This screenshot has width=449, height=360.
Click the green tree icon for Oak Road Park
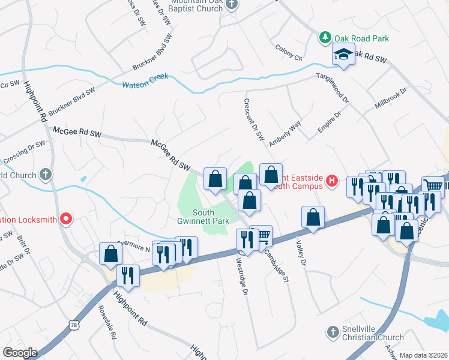point(325,38)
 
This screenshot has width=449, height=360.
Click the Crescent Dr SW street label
point(253,119)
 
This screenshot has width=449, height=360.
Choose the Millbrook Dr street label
point(391,98)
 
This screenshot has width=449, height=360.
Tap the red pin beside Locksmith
point(67,219)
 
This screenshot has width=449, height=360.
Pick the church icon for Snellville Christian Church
point(333,332)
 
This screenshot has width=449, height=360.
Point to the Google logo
point(20,352)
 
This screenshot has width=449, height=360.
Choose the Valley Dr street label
point(301,254)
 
